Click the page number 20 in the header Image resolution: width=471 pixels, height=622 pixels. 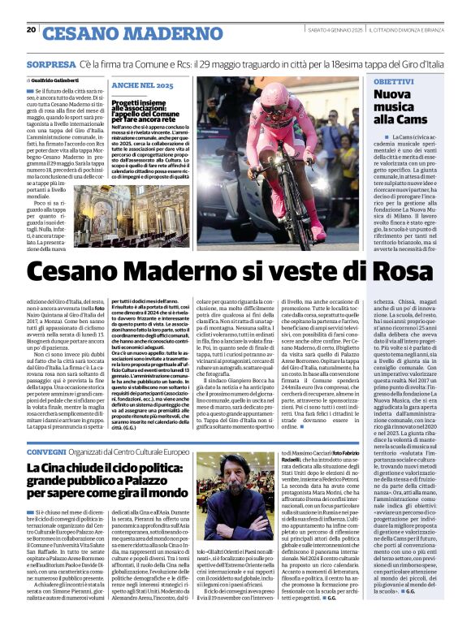[31, 30]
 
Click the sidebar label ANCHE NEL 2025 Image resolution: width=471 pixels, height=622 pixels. [142, 85]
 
